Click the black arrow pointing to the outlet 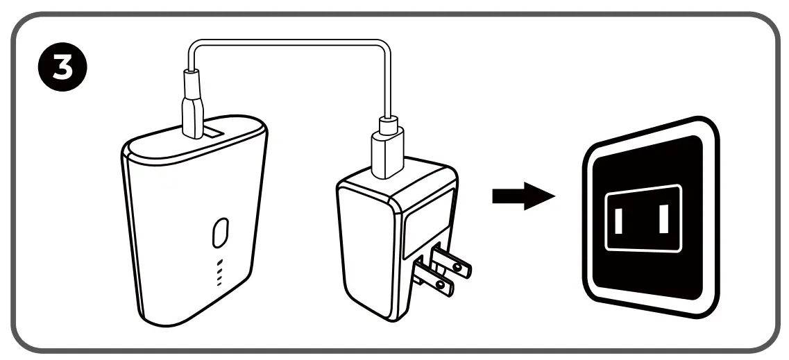pyautogui.click(x=523, y=197)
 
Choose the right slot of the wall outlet pyautogui.click(x=663, y=220)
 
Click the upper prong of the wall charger pyautogui.click(x=450, y=262)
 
